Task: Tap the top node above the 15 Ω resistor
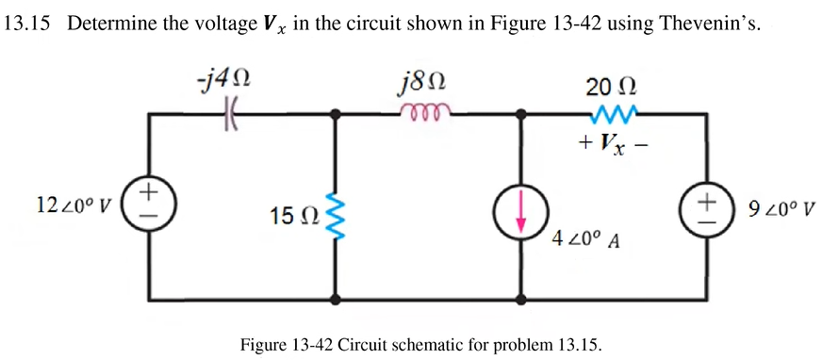336,115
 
